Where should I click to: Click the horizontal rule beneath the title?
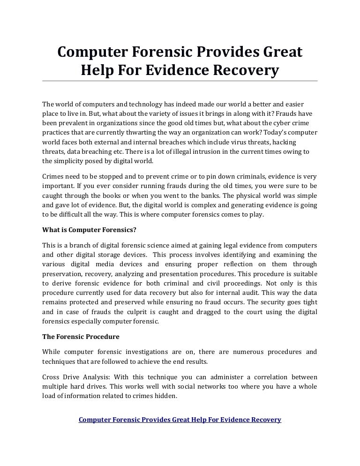(x=180, y=81)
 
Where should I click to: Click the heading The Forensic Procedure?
(x=81, y=337)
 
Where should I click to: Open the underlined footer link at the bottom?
(x=180, y=420)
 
